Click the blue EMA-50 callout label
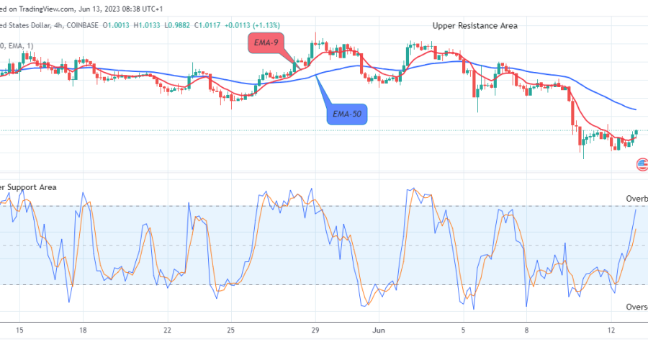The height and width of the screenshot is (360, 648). [347, 114]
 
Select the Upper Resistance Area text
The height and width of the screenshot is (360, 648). [474, 25]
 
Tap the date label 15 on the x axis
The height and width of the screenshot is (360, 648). [19, 330]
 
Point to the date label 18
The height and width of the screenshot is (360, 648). [84, 330]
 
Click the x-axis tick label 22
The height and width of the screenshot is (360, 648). [167, 330]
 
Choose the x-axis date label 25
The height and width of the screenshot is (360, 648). [230, 330]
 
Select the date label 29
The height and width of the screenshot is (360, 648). [314, 330]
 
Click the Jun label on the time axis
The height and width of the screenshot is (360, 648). [380, 330]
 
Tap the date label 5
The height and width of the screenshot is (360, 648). [463, 330]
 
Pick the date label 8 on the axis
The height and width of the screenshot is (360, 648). [526, 330]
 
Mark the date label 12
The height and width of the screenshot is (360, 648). [611, 330]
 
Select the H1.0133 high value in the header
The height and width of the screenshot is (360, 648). [145, 25]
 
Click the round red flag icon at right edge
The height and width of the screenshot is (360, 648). [642, 165]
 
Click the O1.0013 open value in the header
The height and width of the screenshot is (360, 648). [115, 25]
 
